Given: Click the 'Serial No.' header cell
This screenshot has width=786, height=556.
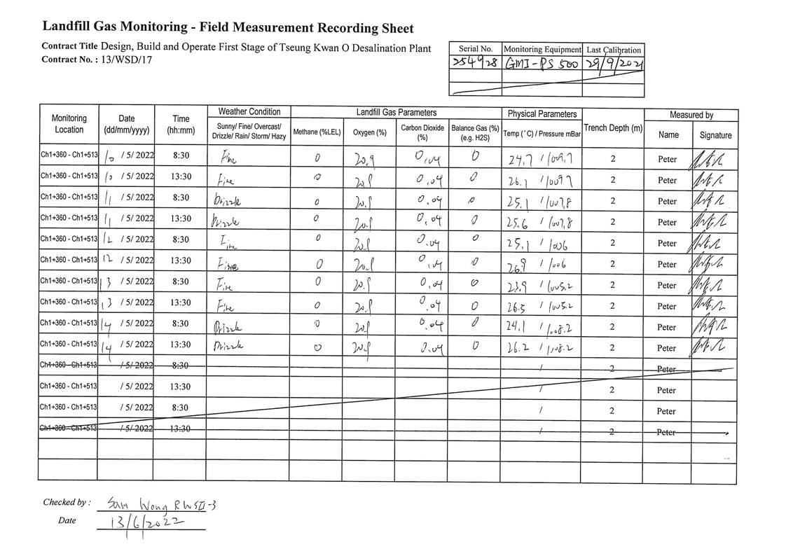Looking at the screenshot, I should (476, 49).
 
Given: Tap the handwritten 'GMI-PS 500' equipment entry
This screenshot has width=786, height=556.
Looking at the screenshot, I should (543, 64).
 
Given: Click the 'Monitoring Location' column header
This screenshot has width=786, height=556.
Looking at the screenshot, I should (69, 124).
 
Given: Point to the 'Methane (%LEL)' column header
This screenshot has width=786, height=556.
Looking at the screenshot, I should (317, 132).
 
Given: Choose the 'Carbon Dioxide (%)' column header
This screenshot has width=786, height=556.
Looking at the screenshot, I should (422, 132).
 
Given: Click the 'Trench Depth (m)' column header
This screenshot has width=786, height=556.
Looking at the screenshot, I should (613, 128).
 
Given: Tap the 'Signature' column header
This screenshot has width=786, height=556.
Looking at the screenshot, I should (715, 135).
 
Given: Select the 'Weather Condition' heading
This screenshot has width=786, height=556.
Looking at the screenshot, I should (249, 112).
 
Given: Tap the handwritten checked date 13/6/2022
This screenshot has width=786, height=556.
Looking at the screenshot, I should (146, 523).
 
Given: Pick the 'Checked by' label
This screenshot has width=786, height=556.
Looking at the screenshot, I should (66, 502).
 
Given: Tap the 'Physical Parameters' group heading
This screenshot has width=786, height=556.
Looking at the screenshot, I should (542, 113).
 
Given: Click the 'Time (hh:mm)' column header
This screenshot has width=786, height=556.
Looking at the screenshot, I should (181, 124).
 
